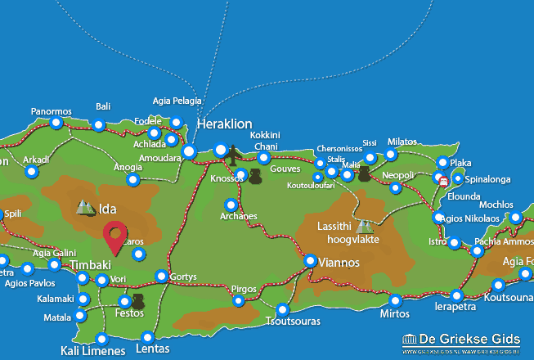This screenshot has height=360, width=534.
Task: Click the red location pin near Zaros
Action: click(115, 236)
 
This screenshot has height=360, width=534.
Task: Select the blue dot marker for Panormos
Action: click(56, 124)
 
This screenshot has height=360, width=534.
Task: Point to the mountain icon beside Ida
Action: click(85, 208)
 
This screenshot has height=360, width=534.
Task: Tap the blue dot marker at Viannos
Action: click(311, 261)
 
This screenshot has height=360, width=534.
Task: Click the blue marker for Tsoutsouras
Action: click(283, 310)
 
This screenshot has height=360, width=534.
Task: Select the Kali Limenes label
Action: click(92, 351)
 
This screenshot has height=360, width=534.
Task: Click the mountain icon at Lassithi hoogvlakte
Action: click(364, 226)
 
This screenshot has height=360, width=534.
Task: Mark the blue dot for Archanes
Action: click(231, 205)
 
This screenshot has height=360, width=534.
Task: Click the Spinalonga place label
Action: click(487, 178)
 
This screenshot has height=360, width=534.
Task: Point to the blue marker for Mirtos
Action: click(396, 300)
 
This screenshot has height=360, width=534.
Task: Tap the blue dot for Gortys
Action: click(162, 277)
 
